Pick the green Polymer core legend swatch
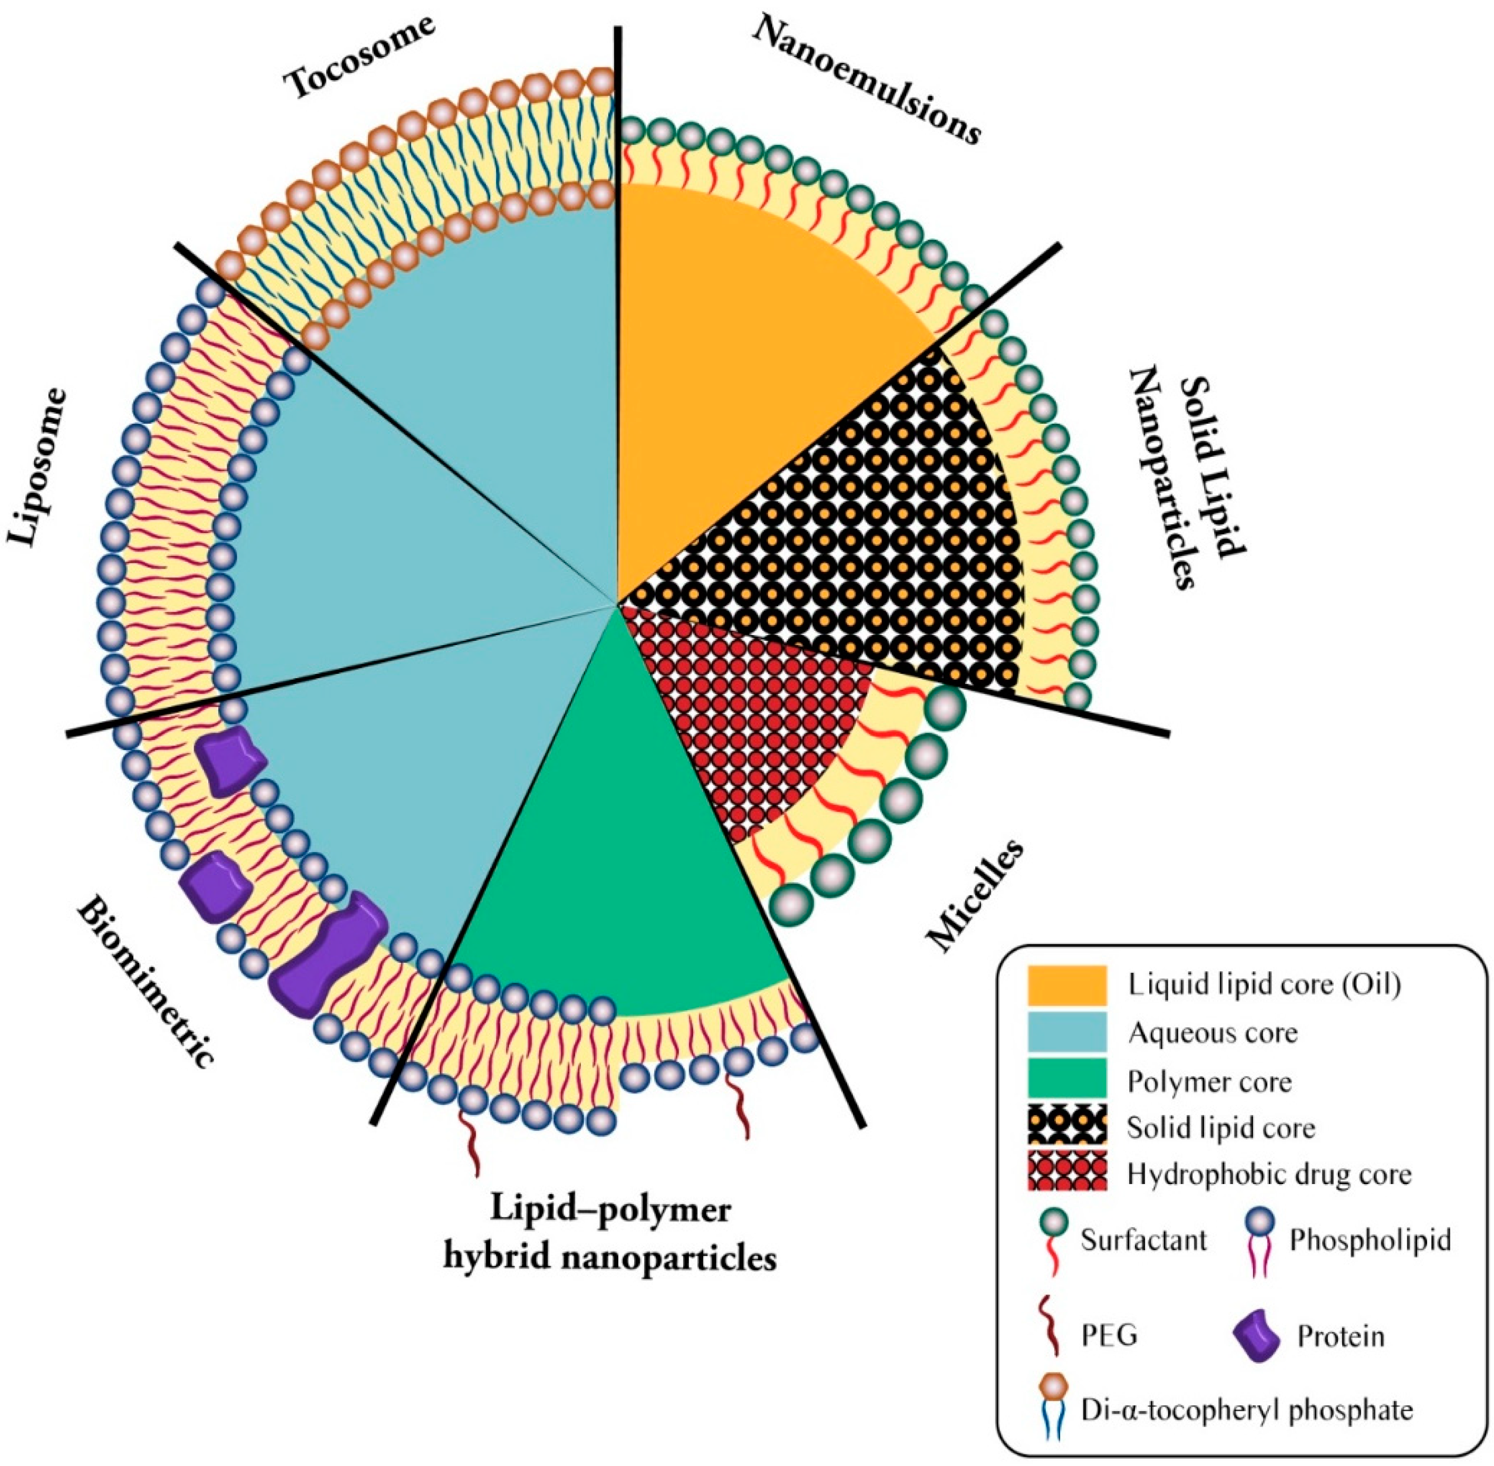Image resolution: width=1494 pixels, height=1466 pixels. [x=1066, y=1078]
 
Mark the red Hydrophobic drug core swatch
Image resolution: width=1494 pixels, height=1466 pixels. [x=1066, y=1170]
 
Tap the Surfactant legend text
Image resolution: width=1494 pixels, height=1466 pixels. [x=1143, y=1239]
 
